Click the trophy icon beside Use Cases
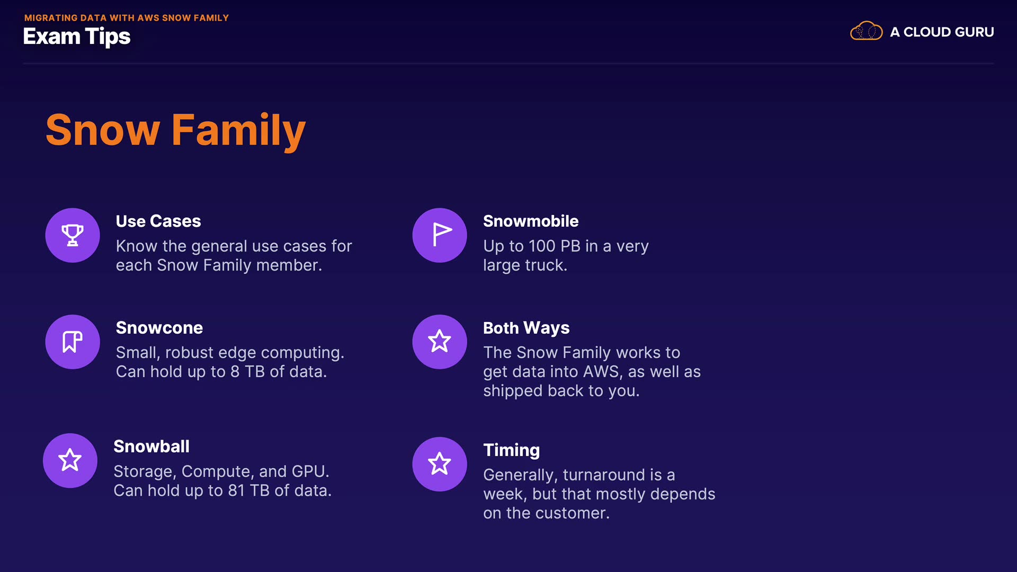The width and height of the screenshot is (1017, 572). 73,235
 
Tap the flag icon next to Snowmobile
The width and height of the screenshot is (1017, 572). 440,235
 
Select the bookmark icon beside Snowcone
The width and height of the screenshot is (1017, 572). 73,342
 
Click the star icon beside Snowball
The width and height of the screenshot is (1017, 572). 70,460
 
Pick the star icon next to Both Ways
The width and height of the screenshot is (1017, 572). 440,342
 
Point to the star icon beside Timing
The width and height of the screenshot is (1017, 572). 440,464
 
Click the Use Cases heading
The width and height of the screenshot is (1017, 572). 158,221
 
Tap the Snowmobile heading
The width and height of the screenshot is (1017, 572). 531,221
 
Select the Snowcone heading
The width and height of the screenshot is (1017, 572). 159,328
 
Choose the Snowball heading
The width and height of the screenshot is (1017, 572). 151,446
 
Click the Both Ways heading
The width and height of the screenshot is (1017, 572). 527,328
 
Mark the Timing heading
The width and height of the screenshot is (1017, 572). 512,450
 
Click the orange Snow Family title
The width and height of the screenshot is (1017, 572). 176,130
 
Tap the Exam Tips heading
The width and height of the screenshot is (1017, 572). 77,37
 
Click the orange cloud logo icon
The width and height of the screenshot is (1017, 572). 867,31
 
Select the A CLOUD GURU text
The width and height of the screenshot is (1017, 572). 942,32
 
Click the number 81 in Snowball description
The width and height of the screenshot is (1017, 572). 236,491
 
